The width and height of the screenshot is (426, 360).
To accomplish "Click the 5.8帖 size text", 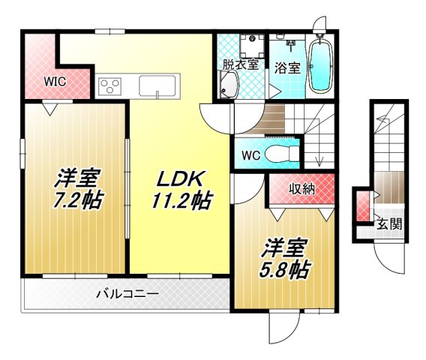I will (285, 268).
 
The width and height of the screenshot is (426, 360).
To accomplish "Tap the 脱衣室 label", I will (239, 64).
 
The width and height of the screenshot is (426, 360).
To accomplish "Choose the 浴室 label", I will (287, 66).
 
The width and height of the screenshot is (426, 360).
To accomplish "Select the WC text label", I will (250, 155).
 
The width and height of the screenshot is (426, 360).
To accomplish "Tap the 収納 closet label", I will (301, 189).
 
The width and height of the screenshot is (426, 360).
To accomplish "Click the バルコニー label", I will (127, 295).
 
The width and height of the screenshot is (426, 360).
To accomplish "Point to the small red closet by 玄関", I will (363, 204).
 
